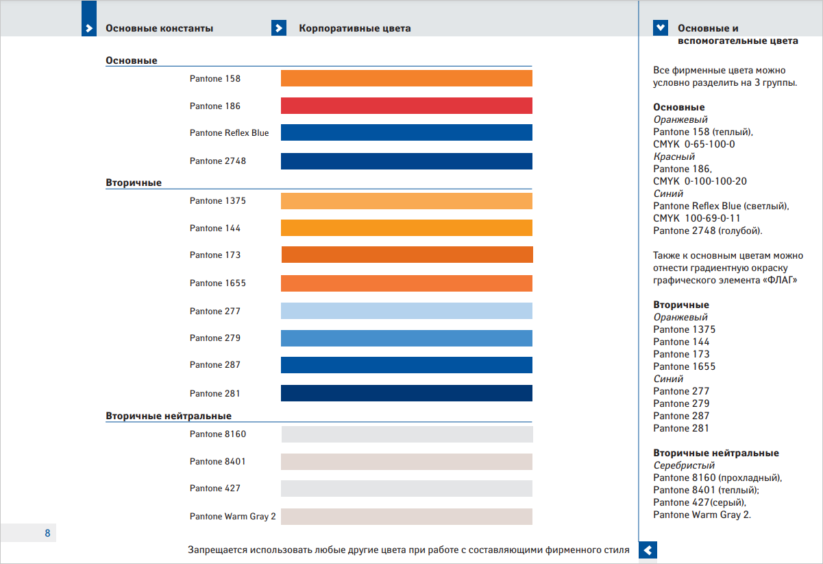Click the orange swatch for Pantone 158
coord(406,78)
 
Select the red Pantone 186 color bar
coord(406,106)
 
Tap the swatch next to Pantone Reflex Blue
coord(406,132)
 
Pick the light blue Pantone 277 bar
coord(406,311)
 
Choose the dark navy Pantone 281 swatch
coord(406,393)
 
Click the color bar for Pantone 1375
coord(406,201)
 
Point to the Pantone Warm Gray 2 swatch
coord(406,516)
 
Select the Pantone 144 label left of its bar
coord(215,228)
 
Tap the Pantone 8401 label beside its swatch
coord(218,461)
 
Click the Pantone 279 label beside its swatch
coord(215,338)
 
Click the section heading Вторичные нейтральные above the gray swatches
coord(169,416)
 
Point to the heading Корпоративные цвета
coord(355,28)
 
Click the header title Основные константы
coord(159,28)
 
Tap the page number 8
coord(47,533)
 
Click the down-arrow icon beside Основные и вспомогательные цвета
coord(661,28)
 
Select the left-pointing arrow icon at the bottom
coord(648,550)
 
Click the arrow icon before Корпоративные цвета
coord(279,28)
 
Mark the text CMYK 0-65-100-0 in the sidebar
coord(694,144)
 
